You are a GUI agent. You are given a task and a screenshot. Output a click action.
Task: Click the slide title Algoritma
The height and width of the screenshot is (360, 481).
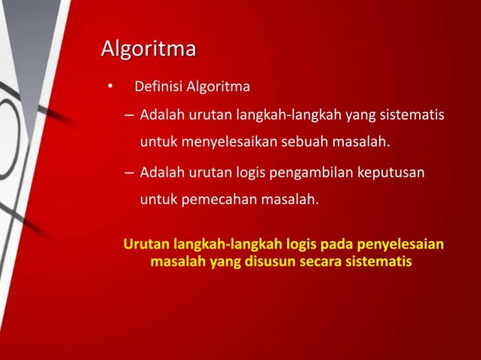point(149,50)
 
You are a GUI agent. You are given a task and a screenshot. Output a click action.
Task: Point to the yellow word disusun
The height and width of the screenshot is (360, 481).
point(268,263)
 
